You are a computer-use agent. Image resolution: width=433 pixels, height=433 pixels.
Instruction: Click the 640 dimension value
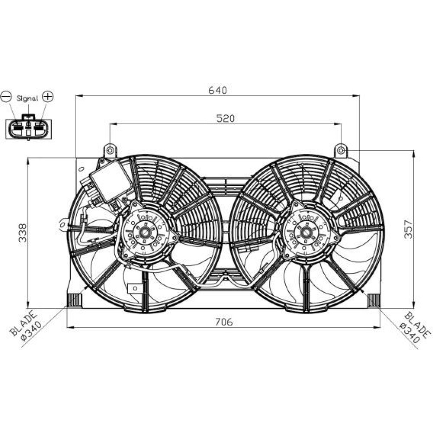click(x=217, y=90)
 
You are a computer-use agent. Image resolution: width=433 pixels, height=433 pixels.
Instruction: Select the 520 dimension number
click(x=225, y=119)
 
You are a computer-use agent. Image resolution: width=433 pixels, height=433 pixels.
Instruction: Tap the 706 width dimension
click(x=224, y=322)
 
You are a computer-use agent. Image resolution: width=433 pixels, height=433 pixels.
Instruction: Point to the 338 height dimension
click(x=23, y=233)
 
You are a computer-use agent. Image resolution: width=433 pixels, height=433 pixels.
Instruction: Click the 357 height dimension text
click(x=408, y=229)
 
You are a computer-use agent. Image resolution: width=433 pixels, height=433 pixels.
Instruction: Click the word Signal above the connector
click(x=27, y=98)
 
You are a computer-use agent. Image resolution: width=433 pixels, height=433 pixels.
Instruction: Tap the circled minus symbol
click(x=6, y=97)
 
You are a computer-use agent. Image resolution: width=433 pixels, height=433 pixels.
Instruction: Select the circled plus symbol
click(x=48, y=97)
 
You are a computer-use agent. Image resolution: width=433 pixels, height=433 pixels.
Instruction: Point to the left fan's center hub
click(x=144, y=233)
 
